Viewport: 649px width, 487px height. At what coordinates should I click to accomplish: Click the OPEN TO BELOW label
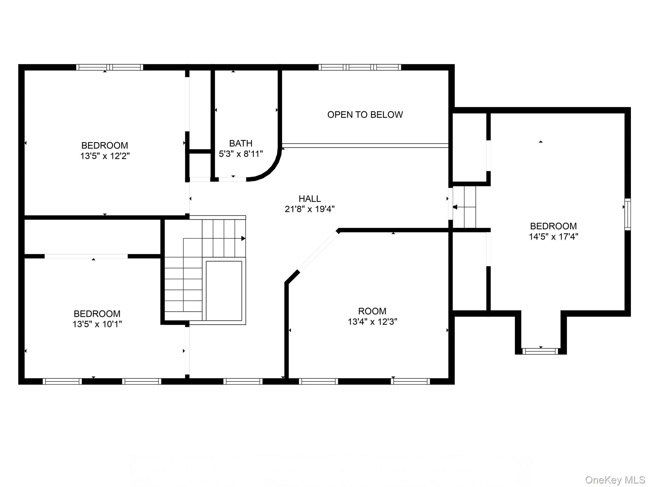[365, 114]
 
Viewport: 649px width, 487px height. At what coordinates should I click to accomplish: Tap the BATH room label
[241, 143]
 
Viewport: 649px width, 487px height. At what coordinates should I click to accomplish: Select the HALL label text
[310, 199]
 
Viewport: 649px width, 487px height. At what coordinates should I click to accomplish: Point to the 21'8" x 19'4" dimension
[310, 209]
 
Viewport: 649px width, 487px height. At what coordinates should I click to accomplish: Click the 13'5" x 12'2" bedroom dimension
[105, 156]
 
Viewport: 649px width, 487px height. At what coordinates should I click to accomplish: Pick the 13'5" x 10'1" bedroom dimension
[97, 324]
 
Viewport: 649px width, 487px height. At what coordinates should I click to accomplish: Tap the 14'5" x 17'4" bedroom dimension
[553, 237]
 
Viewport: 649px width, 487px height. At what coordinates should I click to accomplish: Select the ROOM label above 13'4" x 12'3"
[372, 311]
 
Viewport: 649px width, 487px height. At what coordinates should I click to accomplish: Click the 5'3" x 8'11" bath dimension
[241, 154]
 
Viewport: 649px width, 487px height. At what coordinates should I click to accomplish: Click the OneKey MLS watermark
[615, 480]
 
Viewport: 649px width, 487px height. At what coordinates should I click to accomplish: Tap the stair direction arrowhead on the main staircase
[243, 238]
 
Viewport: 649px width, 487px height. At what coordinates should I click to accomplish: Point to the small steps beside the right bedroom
[464, 207]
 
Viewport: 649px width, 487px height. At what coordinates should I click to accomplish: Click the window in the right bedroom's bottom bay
[540, 351]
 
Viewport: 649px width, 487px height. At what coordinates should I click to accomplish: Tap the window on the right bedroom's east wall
[627, 214]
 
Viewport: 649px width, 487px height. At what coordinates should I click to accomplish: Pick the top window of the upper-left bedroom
[110, 67]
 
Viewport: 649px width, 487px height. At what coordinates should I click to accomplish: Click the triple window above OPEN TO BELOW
[360, 67]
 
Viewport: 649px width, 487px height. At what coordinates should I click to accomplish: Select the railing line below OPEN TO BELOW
[365, 146]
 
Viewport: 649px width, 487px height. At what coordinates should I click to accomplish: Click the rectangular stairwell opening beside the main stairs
[224, 291]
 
